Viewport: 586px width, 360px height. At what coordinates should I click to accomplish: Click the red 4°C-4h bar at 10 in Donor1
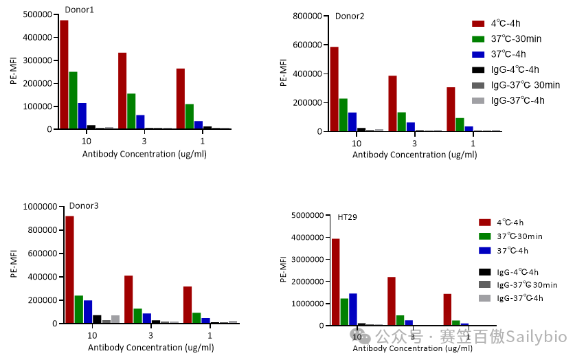(64, 74)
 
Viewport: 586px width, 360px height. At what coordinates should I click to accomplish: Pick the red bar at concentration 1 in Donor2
(451, 109)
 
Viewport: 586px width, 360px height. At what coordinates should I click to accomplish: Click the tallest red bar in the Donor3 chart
(69, 269)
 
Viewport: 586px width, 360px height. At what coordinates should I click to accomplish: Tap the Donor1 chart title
(80, 10)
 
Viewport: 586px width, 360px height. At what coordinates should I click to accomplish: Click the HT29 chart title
(347, 217)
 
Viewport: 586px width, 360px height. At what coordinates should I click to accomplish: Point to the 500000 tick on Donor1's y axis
(36, 14)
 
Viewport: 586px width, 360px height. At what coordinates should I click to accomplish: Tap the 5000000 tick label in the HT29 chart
(307, 216)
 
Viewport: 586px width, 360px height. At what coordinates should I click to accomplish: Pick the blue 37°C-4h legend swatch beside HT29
(485, 250)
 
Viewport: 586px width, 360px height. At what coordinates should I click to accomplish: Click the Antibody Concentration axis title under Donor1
(144, 154)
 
